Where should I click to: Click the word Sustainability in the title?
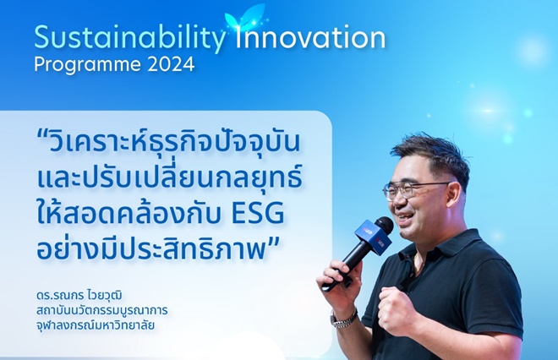[x=130, y=38]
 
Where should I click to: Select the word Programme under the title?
[x=88, y=65]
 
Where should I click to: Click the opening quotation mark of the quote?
[x=43, y=135]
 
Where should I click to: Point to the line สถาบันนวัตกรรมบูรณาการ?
[x=101, y=310]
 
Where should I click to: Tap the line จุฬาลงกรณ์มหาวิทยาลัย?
[x=96, y=325]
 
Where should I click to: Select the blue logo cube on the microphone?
[x=373, y=237]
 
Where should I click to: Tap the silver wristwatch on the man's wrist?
[x=343, y=318]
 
